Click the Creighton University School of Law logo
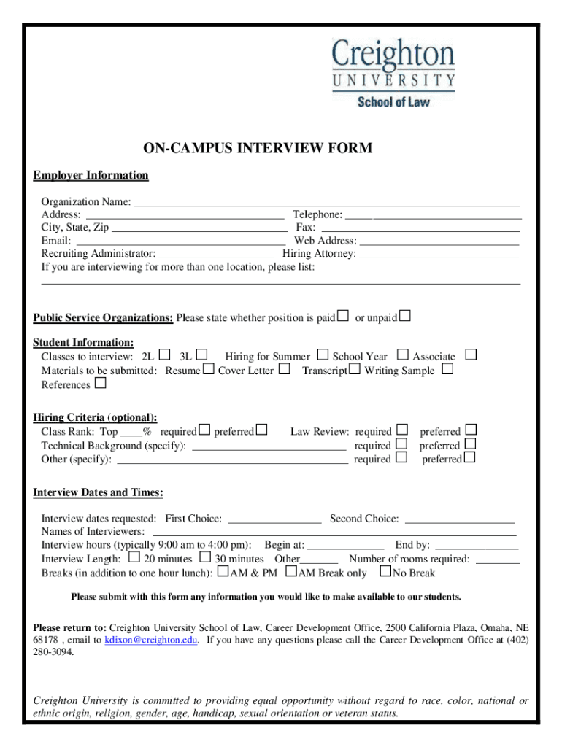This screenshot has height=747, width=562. (394, 73)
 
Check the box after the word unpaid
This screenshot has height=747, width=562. (405, 316)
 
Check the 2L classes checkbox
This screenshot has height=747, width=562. (164, 355)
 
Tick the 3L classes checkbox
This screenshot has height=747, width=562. (202, 355)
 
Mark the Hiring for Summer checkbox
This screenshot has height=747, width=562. (323, 355)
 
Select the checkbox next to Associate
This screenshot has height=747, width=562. (471, 355)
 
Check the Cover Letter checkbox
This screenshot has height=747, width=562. (285, 369)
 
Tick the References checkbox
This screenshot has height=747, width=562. (100, 383)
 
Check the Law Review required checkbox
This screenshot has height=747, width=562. (401, 430)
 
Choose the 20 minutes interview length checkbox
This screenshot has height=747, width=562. (134, 558)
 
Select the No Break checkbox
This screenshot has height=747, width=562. (386, 572)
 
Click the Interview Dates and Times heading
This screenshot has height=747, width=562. (99, 492)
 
